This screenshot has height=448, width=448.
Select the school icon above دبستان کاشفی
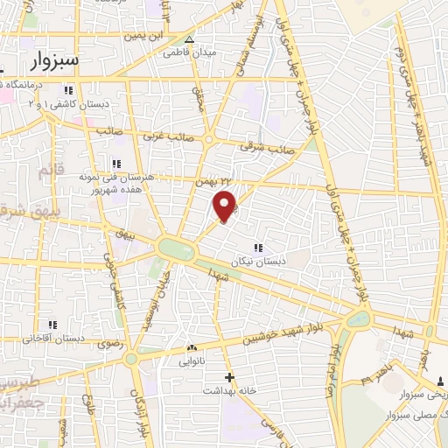coord(68,89)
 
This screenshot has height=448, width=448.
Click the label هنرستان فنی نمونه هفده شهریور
coord(116,182)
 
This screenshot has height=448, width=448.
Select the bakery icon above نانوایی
coord(192,346)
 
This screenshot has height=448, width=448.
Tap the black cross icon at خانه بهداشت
coord(229,378)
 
